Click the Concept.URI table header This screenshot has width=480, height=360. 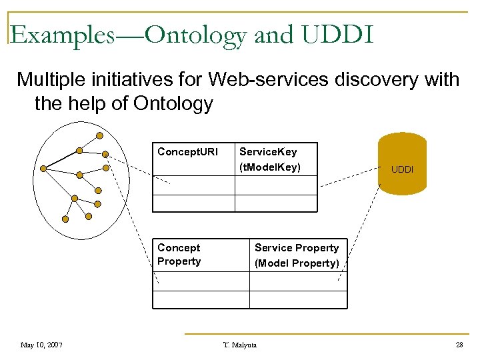coord(187,152)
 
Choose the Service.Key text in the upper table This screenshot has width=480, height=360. coord(268,152)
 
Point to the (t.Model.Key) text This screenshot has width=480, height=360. coord(270,167)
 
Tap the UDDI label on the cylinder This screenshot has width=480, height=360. coord(402,169)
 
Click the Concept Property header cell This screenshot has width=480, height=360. coord(179,255)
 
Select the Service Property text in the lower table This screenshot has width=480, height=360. coord(297,248)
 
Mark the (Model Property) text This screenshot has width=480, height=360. coord(297,263)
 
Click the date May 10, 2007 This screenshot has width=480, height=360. coord(41,345)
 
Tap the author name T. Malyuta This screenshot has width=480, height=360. coord(239,345)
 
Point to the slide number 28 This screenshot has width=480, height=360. coord(459,345)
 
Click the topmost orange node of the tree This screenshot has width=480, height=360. coord(99,135)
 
